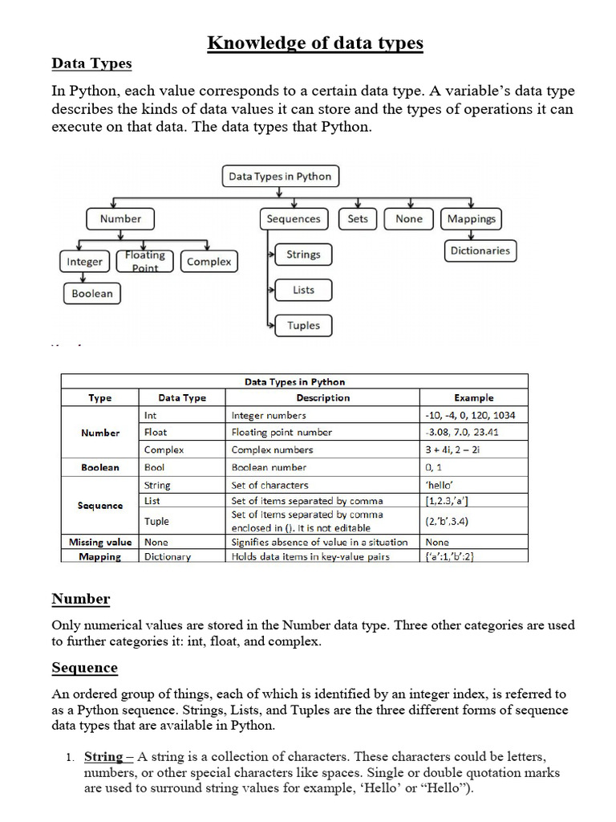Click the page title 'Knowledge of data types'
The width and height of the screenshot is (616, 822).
pos(315,43)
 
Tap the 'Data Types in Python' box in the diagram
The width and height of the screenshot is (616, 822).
pos(279,177)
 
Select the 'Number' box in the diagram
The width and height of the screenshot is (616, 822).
pos(120,218)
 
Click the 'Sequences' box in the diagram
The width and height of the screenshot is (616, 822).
pos(294,218)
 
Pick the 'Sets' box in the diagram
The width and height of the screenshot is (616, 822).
pos(358,218)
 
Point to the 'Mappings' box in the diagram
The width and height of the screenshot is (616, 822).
pos(471,218)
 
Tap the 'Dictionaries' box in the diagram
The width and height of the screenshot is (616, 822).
pos(480,250)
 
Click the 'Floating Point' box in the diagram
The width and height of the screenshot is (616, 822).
pos(145,261)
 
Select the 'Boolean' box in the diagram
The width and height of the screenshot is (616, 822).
pos(92,294)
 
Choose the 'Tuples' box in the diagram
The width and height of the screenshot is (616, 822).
pos(303,325)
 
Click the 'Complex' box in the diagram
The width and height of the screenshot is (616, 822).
pos(209,262)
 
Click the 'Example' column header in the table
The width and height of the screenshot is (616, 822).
pos(473,397)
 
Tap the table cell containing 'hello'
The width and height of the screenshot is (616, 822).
pos(473,485)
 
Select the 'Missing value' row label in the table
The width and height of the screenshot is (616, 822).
pos(100,542)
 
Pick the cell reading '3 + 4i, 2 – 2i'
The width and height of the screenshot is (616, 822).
pos(473,450)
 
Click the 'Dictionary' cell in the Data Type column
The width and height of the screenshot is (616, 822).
pos(168,556)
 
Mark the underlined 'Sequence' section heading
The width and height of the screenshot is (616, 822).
pos(84,668)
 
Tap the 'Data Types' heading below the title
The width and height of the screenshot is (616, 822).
pos(91,63)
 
